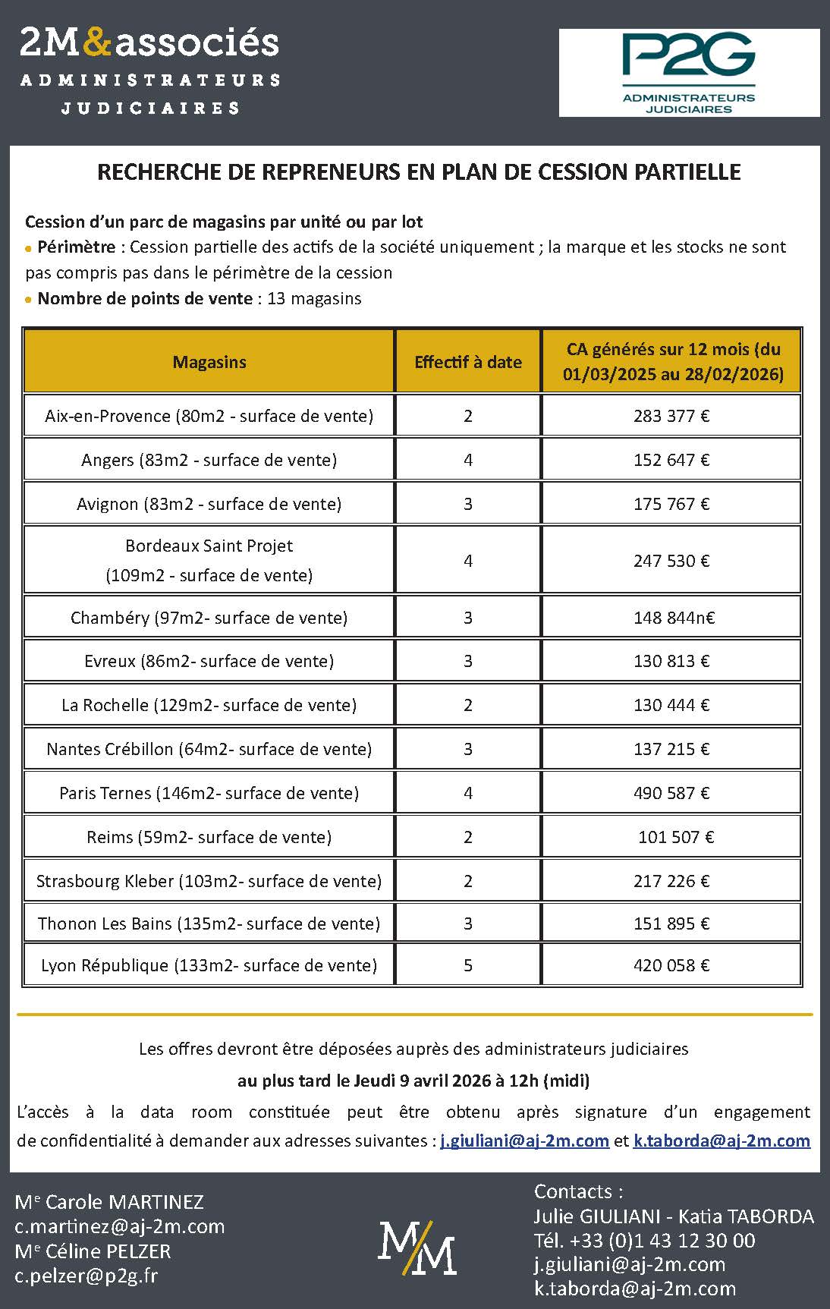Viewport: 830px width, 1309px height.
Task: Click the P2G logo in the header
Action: pos(689,73)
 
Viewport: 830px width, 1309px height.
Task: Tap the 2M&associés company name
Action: pos(149,42)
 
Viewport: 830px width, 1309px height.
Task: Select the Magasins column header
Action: pos(209,362)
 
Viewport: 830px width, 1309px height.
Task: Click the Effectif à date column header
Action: pos(467,362)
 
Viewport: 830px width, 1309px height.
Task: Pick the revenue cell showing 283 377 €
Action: pos(671,416)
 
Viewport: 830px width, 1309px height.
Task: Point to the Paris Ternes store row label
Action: pos(209,793)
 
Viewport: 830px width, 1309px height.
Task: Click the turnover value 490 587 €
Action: pos(671,793)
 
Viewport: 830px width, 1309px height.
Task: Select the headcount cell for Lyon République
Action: pos(468,965)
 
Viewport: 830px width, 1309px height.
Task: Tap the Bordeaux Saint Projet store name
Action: pos(209,546)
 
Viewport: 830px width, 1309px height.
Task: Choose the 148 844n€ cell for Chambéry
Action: pos(674,618)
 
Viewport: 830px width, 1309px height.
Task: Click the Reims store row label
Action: pos(209,837)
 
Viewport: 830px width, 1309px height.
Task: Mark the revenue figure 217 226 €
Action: pos(671,881)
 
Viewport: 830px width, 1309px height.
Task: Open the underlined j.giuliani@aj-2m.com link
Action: pos(525,1141)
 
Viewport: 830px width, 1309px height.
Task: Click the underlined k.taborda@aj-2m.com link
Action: pos(722,1141)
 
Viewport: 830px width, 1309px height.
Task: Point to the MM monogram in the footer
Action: pos(417,1248)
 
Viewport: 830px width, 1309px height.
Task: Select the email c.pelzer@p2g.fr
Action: pos(86,1276)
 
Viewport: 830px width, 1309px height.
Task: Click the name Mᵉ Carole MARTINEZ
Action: pos(109,1202)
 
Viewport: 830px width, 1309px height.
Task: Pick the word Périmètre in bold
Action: pos(77,247)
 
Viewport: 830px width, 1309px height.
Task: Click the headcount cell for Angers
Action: pos(468,460)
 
